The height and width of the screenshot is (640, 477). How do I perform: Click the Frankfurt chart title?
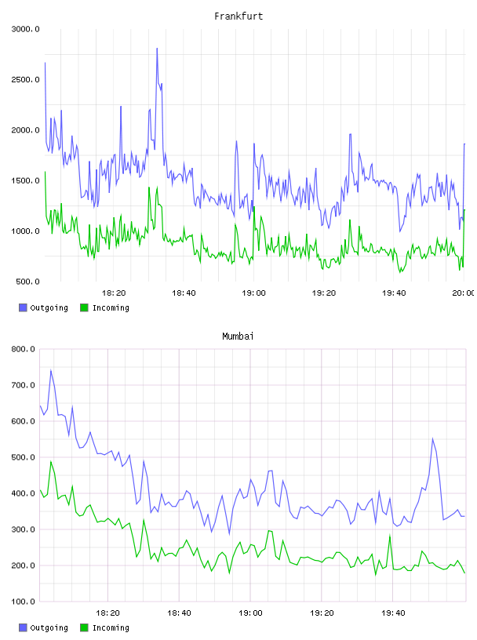click(238, 16)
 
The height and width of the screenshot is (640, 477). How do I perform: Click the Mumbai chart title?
click(238, 336)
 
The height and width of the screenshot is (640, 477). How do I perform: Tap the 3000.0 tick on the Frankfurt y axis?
click(25, 29)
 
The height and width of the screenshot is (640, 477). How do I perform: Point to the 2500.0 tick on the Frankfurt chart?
click(25, 79)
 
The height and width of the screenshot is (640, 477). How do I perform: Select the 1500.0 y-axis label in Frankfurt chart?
click(25, 181)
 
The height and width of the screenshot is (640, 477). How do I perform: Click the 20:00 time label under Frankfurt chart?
click(464, 293)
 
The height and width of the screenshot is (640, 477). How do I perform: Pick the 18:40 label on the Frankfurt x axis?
click(184, 293)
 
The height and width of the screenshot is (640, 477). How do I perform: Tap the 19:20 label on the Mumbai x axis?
click(322, 613)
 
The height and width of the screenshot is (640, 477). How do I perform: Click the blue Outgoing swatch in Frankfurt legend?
click(23, 307)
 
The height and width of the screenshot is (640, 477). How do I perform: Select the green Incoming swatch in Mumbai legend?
click(84, 627)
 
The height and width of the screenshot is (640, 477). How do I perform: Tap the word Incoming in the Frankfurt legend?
click(111, 308)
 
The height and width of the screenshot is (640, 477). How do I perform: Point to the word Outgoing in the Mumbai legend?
click(49, 628)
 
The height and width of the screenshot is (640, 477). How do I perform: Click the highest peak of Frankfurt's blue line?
click(157, 48)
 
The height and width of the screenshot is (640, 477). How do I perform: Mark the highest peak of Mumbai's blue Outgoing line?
click(51, 369)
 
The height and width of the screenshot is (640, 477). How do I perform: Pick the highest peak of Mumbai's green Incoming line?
click(51, 461)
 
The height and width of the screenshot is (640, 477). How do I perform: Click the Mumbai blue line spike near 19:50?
click(432, 438)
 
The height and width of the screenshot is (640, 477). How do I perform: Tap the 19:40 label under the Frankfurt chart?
click(394, 293)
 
